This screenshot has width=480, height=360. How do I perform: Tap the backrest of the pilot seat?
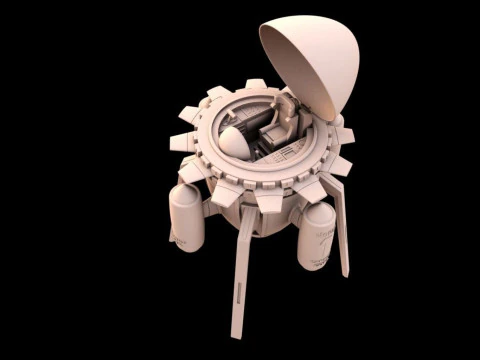click(285, 111)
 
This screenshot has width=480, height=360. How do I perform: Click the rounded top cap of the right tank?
click(319, 212)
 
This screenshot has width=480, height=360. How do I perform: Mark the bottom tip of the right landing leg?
click(346, 272)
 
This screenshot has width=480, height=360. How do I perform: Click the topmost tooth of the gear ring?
click(218, 93)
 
